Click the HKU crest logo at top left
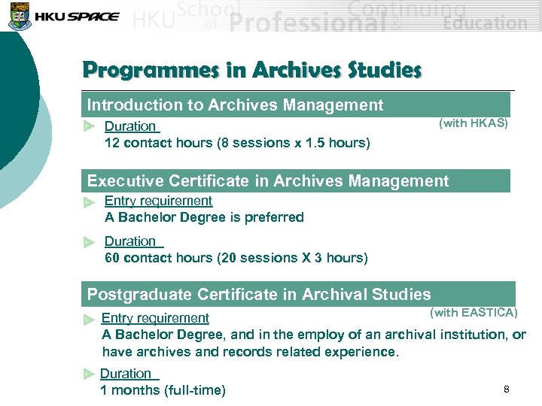click(16, 15)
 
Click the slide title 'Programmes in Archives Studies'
click(252, 70)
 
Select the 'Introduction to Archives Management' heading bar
click(235, 105)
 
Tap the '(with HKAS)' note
click(473, 123)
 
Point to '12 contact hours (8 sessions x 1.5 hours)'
click(237, 143)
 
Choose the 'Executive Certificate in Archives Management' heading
click(267, 181)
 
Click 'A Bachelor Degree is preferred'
click(204, 217)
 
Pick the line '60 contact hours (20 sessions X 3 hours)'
click(236, 258)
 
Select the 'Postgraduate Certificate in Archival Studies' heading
click(259, 294)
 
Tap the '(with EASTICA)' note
click(473, 312)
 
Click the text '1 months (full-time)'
click(163, 389)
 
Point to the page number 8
click(507, 389)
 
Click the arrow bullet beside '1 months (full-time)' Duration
click(89, 374)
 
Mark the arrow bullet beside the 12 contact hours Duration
click(90, 126)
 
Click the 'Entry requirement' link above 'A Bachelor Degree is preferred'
click(158, 201)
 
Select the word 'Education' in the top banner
click(485, 23)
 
